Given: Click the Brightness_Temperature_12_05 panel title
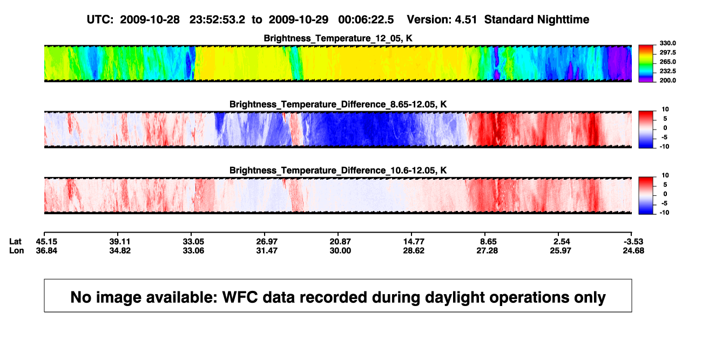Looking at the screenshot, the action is (338, 38).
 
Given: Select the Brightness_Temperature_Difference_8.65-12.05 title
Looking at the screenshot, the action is (338, 104).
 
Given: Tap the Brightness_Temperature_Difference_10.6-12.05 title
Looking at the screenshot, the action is (338, 171).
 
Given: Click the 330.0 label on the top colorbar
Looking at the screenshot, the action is (667, 43).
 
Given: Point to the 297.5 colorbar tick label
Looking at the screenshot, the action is (667, 52).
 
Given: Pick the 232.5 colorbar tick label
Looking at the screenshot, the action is (667, 71).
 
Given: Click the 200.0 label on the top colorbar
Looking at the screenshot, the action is (667, 80).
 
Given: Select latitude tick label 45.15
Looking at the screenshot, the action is (46, 242).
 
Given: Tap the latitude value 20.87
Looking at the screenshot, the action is (340, 242).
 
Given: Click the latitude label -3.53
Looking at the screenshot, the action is (633, 242).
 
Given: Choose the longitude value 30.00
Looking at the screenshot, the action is (340, 250).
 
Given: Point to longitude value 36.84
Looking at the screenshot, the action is (46, 250).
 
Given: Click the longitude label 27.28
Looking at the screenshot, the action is (487, 250).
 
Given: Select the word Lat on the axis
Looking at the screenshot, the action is (15, 242).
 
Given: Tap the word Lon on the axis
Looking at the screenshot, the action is (16, 250).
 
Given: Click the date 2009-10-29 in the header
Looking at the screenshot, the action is (298, 19).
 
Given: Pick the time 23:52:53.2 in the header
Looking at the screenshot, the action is (217, 19).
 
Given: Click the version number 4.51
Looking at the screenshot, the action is (465, 19).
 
